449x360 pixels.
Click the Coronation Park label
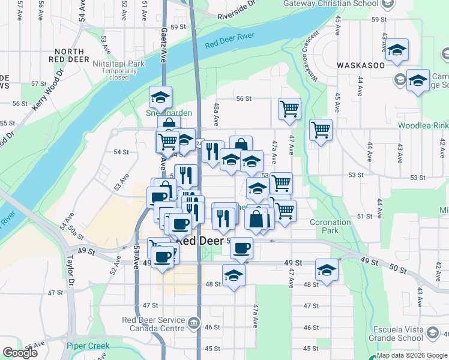(x=330, y=226)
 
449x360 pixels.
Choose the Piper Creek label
(x=88, y=346)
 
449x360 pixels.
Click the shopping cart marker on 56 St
(x=289, y=109)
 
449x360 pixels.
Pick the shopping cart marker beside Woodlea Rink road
(x=321, y=130)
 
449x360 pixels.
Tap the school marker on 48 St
(x=234, y=275)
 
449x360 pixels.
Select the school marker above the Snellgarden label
(x=160, y=97)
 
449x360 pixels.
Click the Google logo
(x=20, y=353)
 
